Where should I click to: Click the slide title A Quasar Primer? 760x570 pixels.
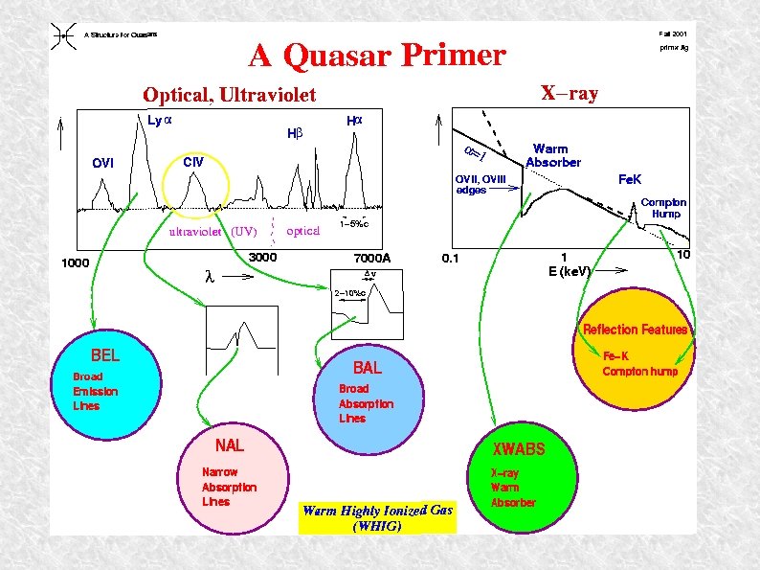coord(376,56)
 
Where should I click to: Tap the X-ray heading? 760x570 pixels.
coord(570,93)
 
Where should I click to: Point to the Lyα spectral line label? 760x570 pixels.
coord(159,121)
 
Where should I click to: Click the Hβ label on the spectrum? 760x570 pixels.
coord(295,134)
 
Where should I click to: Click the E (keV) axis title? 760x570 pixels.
coord(570,271)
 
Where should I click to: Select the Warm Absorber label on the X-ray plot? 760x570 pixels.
coord(552,155)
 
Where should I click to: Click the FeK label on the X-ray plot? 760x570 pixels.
coord(631,179)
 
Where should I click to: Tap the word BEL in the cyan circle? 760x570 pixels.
coord(105,355)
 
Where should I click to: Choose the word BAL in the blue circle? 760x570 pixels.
coord(367,368)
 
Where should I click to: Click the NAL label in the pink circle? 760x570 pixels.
coord(229,445)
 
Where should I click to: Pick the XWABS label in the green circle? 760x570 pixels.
coord(519,448)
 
